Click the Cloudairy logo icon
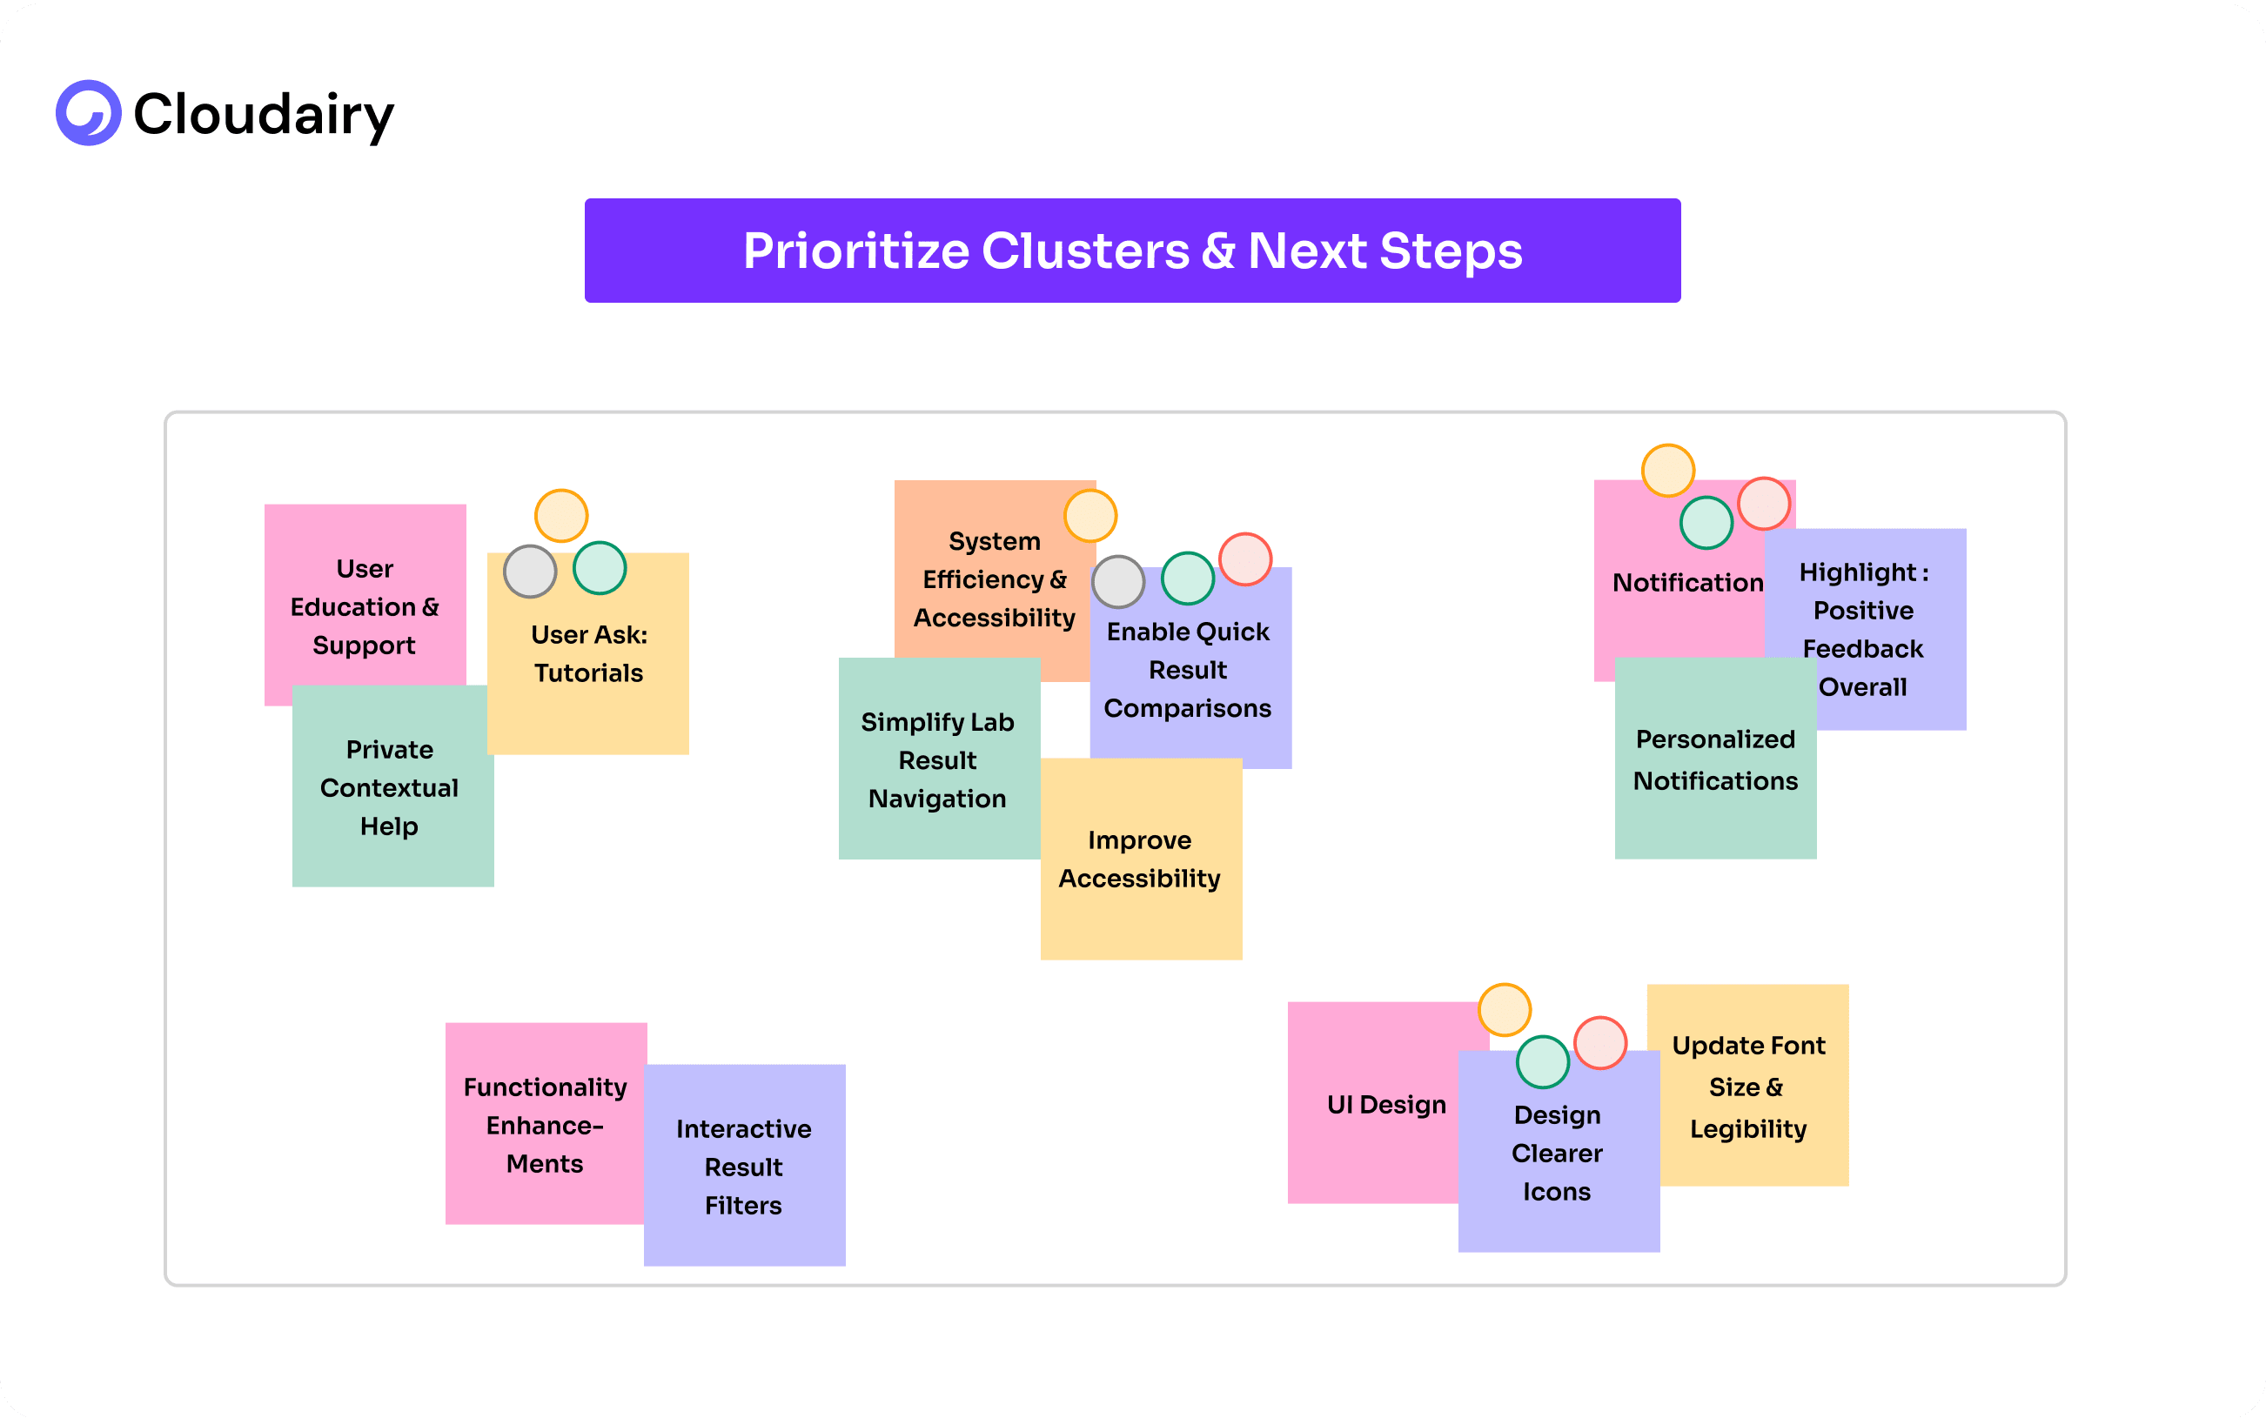(x=88, y=113)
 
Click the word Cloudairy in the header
(x=264, y=115)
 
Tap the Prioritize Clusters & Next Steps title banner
(x=1132, y=251)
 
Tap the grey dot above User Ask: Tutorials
(x=530, y=572)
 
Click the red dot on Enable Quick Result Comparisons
(x=1244, y=559)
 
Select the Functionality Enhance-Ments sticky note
(x=545, y=1125)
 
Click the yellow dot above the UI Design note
(x=1505, y=1009)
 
